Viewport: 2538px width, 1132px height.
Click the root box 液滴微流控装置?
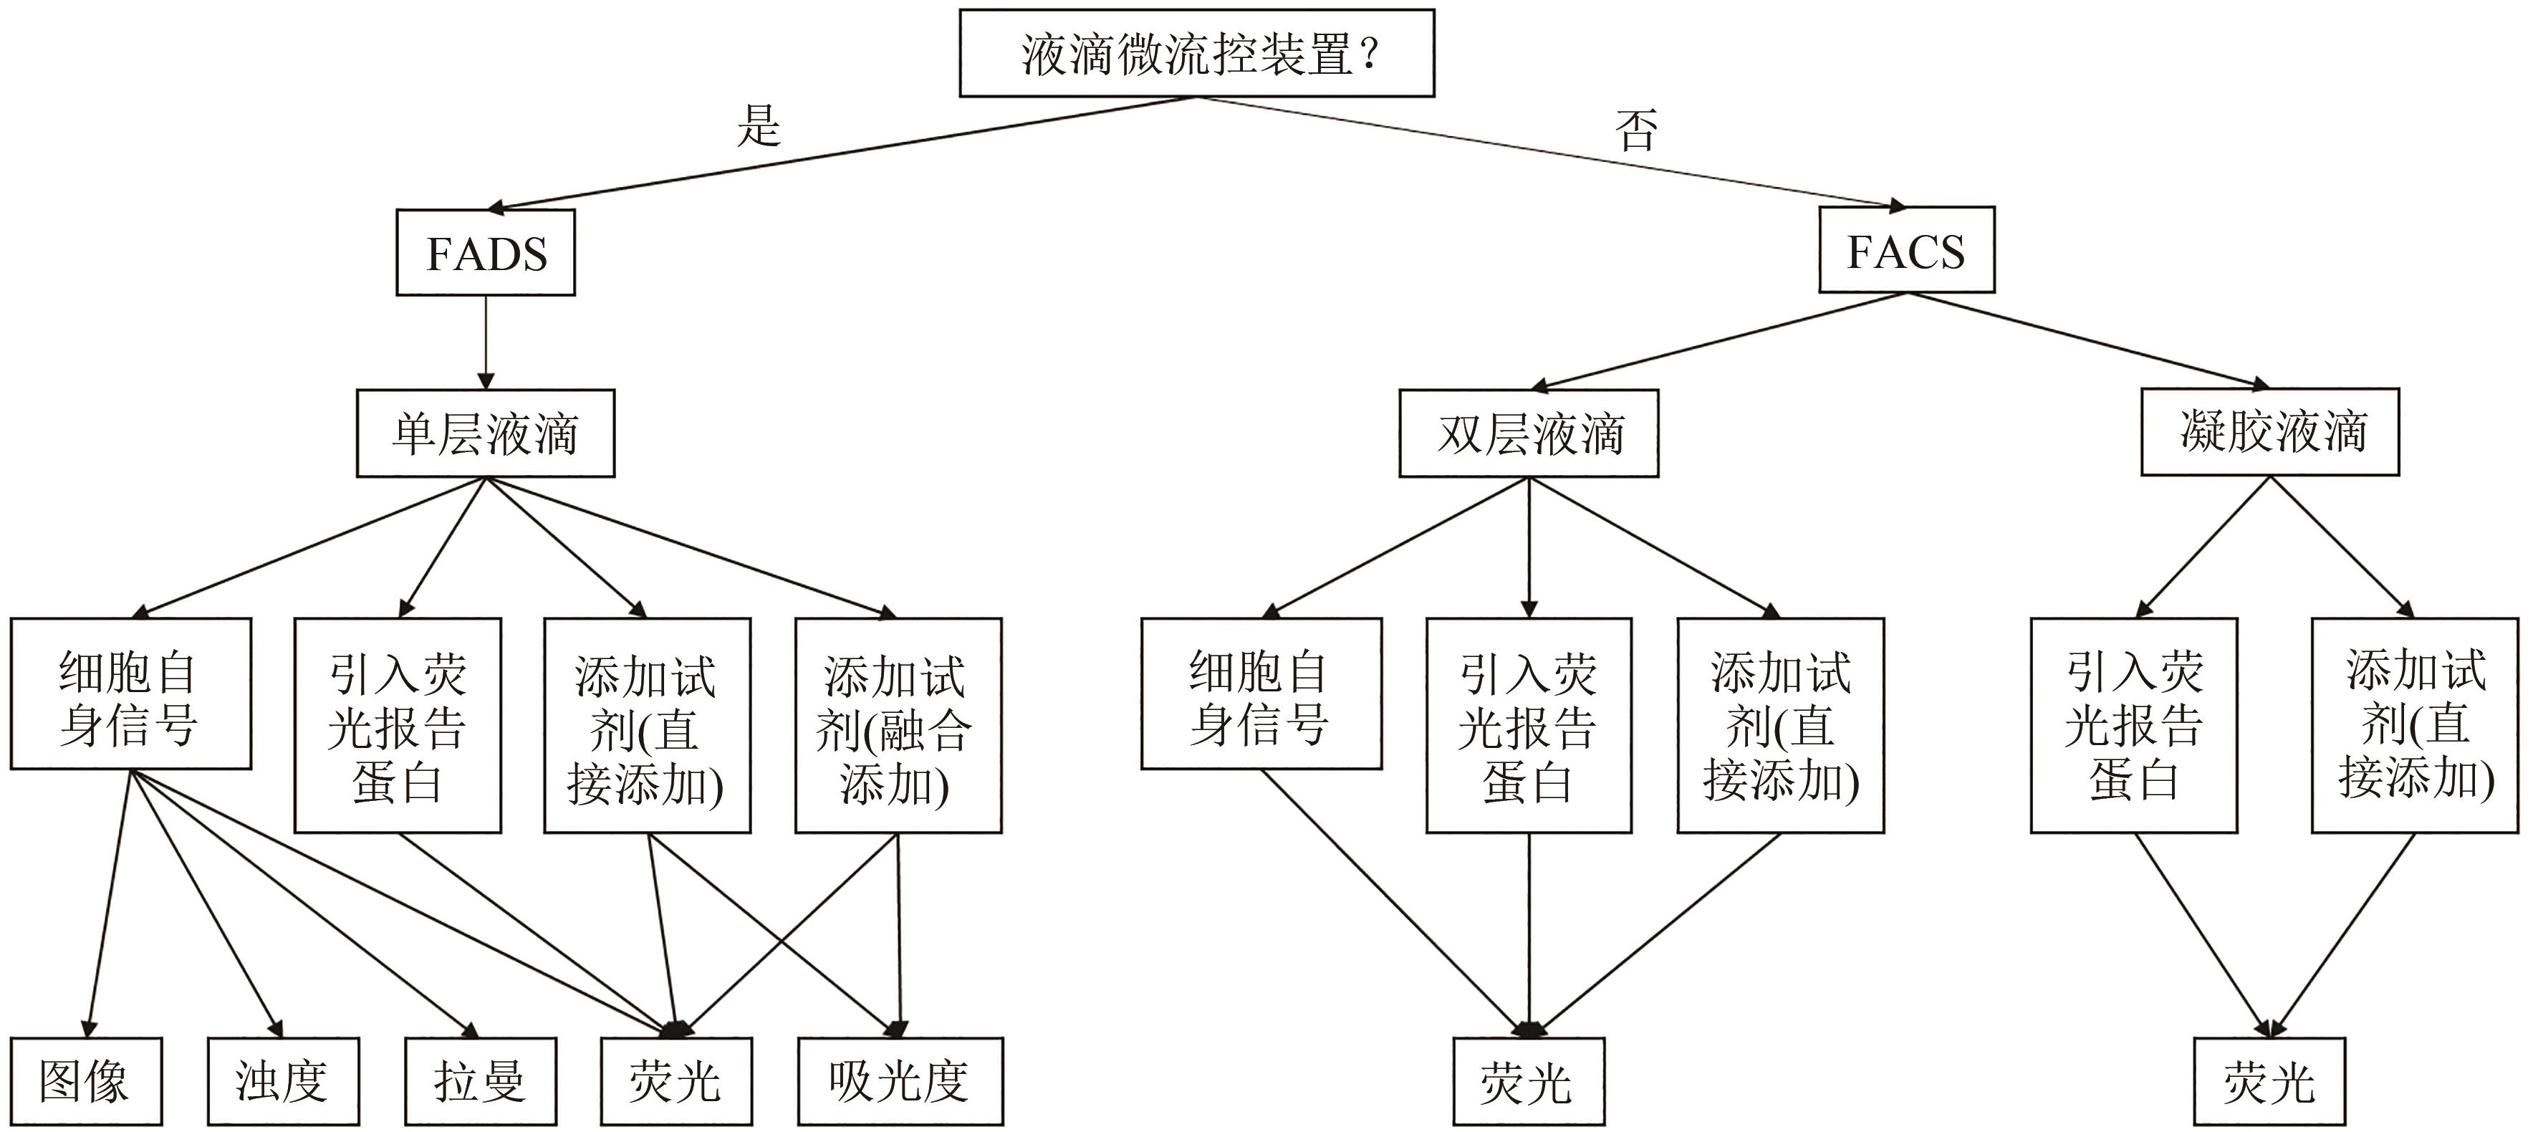[x=1196, y=53]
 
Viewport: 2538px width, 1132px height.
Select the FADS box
[x=486, y=252]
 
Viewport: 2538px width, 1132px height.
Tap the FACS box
[x=1905, y=250]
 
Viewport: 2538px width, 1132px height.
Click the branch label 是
[x=759, y=126]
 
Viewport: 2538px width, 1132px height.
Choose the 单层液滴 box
[x=486, y=433]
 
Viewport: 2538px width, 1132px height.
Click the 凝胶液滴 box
[x=2270, y=431]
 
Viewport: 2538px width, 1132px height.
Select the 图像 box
[x=86, y=1080]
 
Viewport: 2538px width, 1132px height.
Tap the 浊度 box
[x=283, y=1080]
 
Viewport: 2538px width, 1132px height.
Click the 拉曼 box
[x=481, y=1080]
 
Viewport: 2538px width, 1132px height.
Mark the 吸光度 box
[x=900, y=1080]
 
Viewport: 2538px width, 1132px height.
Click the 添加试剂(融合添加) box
[x=898, y=725]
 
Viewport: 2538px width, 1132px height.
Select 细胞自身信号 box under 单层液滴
[x=130, y=694]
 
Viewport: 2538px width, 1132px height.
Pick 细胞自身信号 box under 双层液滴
[x=1261, y=694]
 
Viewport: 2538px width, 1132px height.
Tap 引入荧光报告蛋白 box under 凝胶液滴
[x=2133, y=725]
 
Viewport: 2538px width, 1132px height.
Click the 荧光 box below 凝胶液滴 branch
[x=2269, y=1080]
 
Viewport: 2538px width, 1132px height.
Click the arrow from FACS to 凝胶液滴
[x=2089, y=339]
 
